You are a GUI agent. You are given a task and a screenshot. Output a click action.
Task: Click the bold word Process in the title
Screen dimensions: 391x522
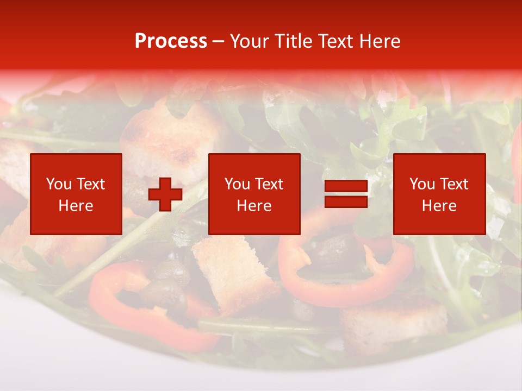(171, 41)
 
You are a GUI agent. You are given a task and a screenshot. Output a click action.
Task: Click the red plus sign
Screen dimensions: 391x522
(165, 194)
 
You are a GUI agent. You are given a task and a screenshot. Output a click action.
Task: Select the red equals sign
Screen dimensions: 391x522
(346, 194)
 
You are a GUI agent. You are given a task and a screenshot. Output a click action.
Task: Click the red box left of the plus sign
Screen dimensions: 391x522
(76, 194)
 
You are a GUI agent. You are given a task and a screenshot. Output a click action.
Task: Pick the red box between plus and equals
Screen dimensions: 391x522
(254, 194)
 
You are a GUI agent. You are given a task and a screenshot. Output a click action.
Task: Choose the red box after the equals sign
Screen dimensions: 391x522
(439, 194)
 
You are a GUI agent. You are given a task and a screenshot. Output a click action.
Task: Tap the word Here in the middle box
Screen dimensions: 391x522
(254, 206)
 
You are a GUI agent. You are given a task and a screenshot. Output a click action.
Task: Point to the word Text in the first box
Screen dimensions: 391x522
(90, 184)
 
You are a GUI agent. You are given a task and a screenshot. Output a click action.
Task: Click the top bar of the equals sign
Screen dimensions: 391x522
(346, 187)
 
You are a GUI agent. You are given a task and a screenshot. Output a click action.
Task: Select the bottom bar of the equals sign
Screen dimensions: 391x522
(346, 201)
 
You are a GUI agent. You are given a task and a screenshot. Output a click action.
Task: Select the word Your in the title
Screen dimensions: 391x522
(249, 41)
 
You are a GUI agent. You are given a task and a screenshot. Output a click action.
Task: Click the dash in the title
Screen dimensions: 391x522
(218, 41)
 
